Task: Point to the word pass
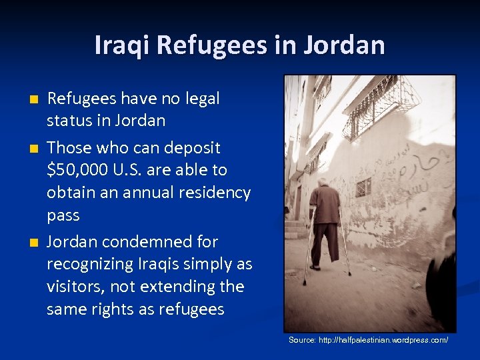pos(63,215)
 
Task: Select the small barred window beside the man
pos(363,187)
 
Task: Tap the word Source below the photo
pos(302,340)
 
